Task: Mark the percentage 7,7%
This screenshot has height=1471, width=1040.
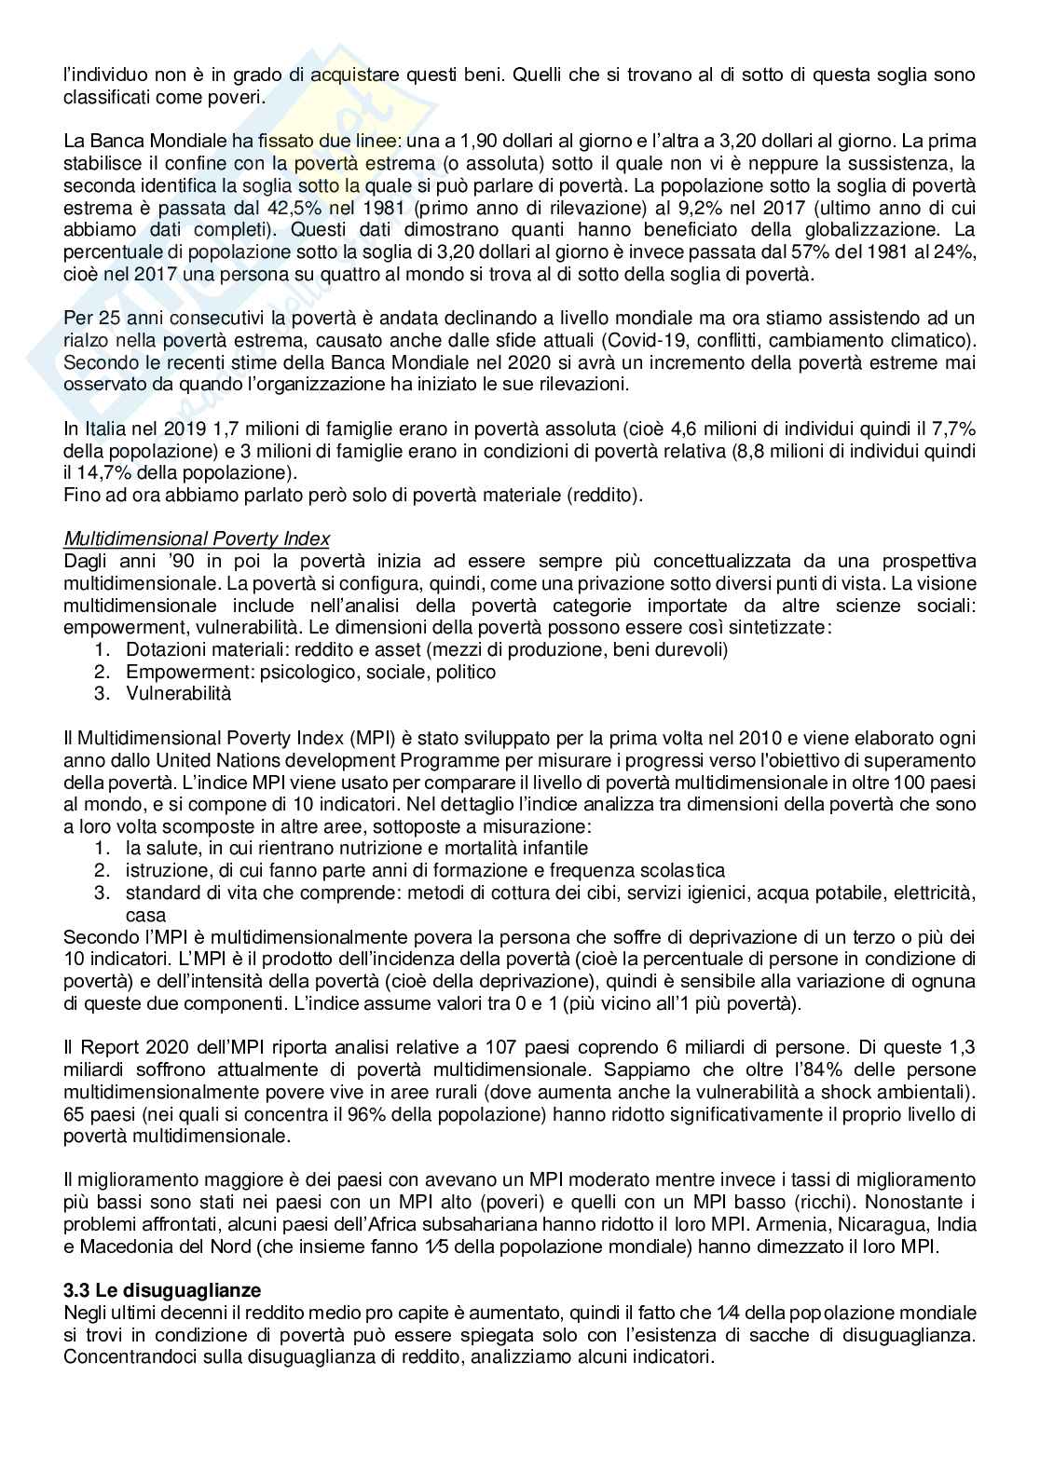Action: [x=953, y=429]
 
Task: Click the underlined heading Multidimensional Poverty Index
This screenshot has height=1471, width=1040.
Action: [x=196, y=538]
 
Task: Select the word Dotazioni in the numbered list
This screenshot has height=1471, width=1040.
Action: [x=164, y=649]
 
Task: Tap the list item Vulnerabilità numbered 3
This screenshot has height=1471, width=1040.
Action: [x=178, y=693]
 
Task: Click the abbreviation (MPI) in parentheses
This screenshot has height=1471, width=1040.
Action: [x=376, y=738]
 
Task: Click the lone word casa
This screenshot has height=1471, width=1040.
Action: [x=145, y=916]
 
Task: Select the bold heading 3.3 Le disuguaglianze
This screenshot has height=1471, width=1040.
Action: [x=162, y=1291]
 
